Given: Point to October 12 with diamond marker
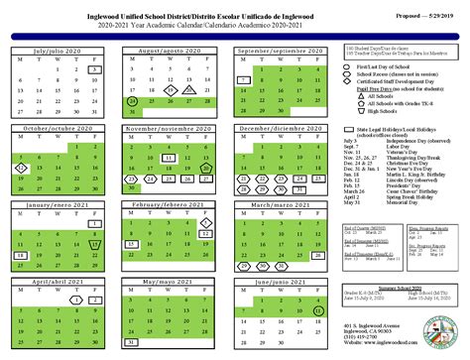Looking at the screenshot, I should (x=22, y=170).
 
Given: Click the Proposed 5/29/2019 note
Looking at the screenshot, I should (x=417, y=17).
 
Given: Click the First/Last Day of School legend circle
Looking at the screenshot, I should (x=352, y=64).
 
